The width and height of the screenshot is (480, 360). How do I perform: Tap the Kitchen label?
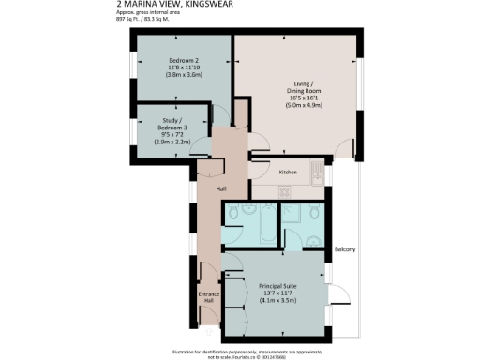(288, 172)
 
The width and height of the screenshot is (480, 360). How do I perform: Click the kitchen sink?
(317, 172)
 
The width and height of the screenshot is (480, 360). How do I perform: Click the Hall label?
(221, 189)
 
